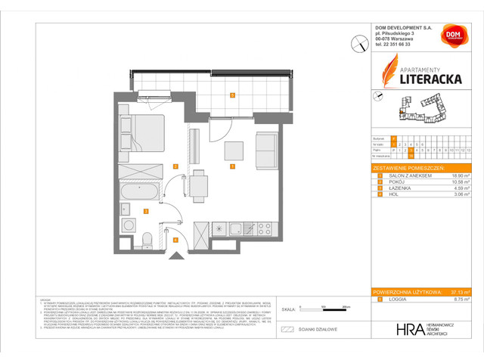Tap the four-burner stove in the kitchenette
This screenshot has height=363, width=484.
pyautogui.click(x=265, y=228)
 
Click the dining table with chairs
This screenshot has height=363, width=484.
pyautogui.click(x=198, y=185)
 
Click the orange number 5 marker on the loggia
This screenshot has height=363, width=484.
pyautogui.click(x=233, y=95)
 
